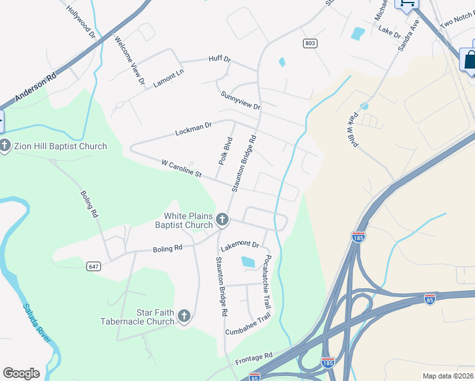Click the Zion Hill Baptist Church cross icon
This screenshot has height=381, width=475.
4,146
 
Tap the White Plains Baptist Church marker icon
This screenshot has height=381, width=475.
222,220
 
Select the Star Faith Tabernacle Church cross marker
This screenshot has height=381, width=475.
184,316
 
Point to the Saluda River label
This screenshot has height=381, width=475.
37,323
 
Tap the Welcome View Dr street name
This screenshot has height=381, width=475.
130,61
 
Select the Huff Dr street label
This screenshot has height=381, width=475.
220,59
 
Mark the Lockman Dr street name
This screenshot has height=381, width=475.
193,130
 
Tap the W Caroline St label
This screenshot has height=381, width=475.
181,169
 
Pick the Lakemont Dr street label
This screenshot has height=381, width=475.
240,245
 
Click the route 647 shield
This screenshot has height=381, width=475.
93,266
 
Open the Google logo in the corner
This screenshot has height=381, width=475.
21,373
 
